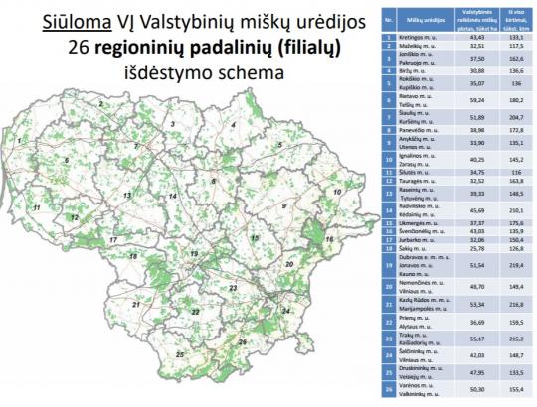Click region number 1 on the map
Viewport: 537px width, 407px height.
click(x=17, y=141)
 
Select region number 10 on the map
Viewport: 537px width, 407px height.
click(x=337, y=191)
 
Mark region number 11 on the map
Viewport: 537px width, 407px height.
click(x=35, y=206)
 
